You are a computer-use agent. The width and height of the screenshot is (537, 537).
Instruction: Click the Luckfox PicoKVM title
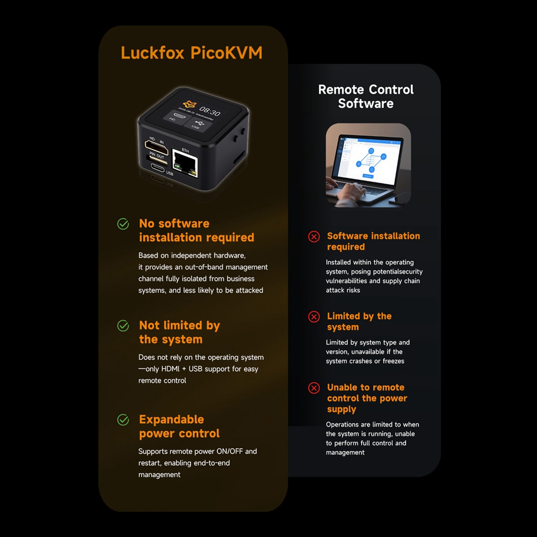pyautogui.click(x=192, y=53)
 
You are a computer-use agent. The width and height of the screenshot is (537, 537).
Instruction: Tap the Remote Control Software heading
pyautogui.click(x=366, y=96)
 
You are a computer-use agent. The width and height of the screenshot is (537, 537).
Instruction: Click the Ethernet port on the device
pyautogui.click(x=185, y=164)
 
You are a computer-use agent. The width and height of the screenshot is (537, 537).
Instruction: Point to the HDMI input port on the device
pyautogui.click(x=157, y=148)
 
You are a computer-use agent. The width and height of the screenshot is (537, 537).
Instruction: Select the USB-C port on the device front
pyautogui.click(x=158, y=168)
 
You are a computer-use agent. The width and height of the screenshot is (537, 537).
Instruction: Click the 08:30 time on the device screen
pyautogui.click(x=210, y=111)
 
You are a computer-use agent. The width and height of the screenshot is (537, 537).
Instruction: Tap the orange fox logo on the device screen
pyautogui.click(x=189, y=104)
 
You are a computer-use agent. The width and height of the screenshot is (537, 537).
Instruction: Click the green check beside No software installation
pyautogui.click(x=123, y=224)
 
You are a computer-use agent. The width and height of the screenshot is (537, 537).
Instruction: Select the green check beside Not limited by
pyautogui.click(x=123, y=326)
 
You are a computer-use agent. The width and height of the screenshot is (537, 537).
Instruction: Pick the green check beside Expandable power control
pyautogui.click(x=123, y=420)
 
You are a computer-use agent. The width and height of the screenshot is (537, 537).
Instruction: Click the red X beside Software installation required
pyautogui.click(x=314, y=237)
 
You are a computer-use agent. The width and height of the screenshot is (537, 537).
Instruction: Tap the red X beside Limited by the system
pyautogui.click(x=314, y=317)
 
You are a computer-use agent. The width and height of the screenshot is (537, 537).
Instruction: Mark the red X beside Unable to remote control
pyautogui.click(x=314, y=388)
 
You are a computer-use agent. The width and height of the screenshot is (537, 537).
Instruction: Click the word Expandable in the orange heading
pyautogui.click(x=172, y=420)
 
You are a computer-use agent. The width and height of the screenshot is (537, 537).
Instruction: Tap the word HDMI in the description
pyautogui.click(x=170, y=369)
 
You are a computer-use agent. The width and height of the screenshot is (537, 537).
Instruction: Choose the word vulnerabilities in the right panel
pyautogui.click(x=346, y=281)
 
